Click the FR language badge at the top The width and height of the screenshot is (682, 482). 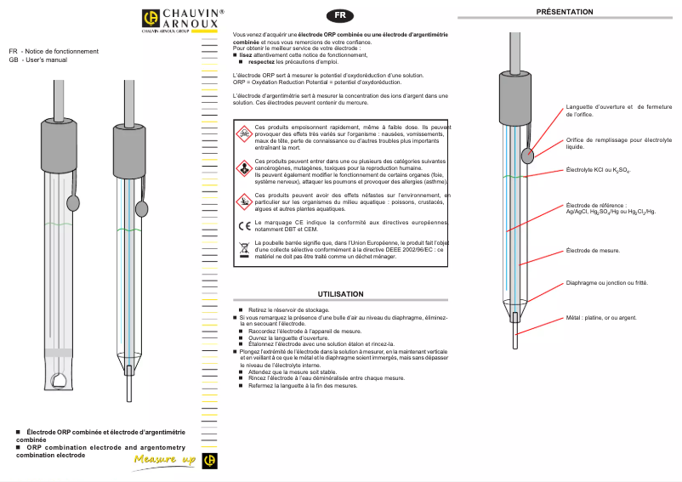tap(340, 16)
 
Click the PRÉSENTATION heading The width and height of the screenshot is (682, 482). tap(565, 11)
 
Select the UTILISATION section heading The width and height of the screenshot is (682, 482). tap(340, 293)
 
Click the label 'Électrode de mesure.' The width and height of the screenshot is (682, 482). tap(593, 251)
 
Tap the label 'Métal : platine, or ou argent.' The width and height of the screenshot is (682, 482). tap(601, 317)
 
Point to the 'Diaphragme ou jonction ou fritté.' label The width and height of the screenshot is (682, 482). tap(606, 282)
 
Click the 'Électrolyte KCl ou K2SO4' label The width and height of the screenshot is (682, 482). tap(598, 171)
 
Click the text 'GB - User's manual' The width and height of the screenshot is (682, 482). tap(37, 60)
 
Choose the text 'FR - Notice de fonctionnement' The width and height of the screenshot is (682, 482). tap(54, 51)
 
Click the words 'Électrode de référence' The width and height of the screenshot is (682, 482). tap(595, 205)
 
